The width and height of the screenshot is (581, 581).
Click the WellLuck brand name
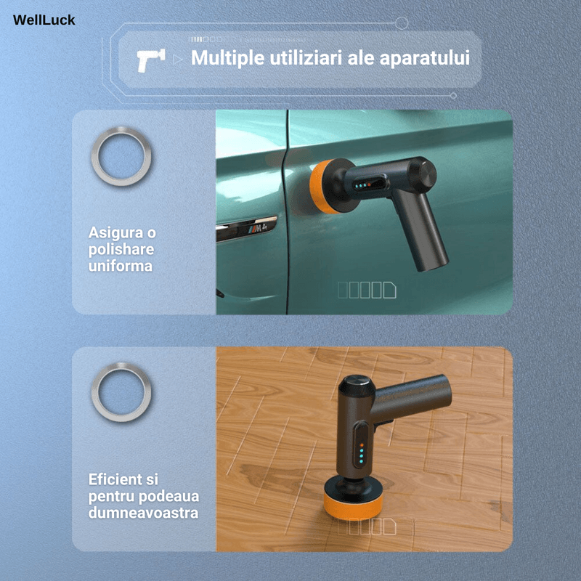(44, 20)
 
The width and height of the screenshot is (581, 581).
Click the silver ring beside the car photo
(121, 155)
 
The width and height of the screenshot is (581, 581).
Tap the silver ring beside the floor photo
(121, 392)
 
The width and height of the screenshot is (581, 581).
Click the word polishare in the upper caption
(121, 250)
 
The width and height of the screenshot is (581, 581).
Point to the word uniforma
(121, 266)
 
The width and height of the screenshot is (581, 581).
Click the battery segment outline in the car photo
(367, 290)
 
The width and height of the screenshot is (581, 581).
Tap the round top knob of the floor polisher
(355, 386)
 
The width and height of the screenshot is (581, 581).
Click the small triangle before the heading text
(179, 60)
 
